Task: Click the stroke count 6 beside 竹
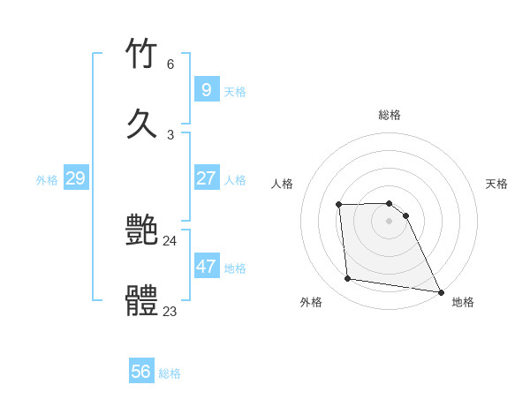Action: [170, 64]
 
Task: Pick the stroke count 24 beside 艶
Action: [170, 241]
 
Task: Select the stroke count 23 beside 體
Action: [170, 311]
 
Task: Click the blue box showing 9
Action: [206, 89]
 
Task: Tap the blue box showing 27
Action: [206, 177]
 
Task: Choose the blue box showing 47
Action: [206, 266]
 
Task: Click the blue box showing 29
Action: [75, 177]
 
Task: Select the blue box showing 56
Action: [140, 372]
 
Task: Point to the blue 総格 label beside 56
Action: [170, 373]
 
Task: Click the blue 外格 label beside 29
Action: [47, 180]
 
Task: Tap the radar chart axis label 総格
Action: [390, 115]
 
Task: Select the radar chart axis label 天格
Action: [496, 184]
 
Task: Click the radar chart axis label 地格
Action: [463, 302]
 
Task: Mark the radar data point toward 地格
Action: [440, 291]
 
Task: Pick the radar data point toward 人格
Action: [339, 205]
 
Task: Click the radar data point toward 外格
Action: [348, 279]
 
